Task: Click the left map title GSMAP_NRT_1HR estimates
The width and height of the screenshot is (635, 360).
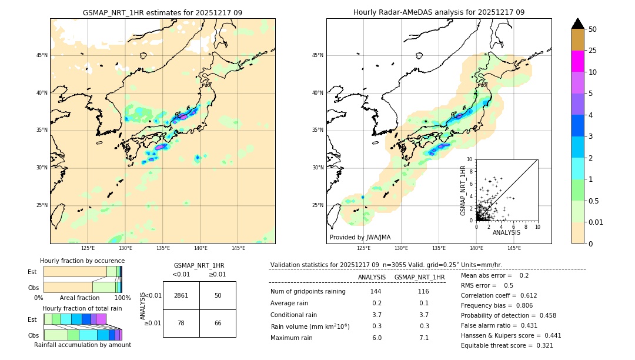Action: [x=162, y=12]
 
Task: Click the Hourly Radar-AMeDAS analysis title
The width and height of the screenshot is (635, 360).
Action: [x=439, y=12]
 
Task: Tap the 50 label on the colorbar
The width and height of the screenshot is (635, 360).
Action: [x=593, y=29]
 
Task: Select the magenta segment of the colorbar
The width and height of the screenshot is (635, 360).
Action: [x=577, y=61]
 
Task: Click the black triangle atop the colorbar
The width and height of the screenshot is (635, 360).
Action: [x=577, y=24]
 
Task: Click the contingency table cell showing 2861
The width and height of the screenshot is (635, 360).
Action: [x=181, y=295]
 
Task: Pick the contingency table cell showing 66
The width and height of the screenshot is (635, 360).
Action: [x=218, y=323]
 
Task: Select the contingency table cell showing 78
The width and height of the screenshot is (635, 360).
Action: [x=181, y=323]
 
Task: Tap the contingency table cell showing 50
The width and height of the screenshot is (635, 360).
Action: [x=218, y=295]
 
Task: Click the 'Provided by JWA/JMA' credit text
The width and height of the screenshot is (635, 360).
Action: [x=360, y=237]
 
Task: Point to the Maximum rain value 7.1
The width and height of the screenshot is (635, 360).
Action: [x=423, y=338]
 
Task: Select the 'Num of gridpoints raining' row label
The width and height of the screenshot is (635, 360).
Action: [x=308, y=291]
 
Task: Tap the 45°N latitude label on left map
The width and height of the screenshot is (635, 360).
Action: [x=42, y=55]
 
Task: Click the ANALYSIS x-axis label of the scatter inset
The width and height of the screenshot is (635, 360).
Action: [x=506, y=232]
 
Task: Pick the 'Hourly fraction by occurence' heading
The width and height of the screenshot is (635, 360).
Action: [x=82, y=261]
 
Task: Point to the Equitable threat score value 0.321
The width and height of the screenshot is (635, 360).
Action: [x=540, y=345]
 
